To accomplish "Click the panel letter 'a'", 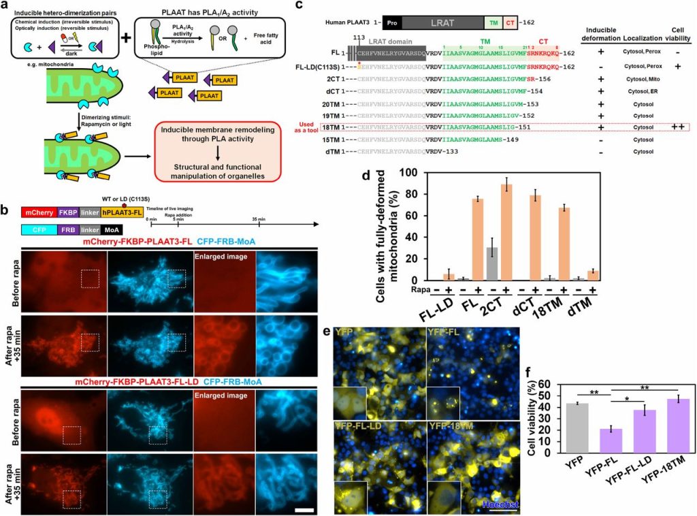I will click(6, 6).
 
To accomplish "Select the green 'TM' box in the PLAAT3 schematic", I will click(493, 22).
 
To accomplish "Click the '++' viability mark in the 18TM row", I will click(678, 127).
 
